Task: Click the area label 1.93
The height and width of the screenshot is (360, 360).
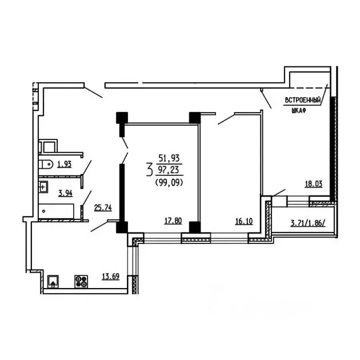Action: [64, 165]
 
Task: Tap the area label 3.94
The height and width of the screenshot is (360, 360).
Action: [66, 193]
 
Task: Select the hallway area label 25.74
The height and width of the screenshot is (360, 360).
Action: [103, 208]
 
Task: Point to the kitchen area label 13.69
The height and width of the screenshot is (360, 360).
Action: [111, 277]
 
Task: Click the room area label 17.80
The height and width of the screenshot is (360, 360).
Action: [173, 221]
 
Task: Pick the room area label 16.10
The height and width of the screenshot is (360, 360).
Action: [244, 221]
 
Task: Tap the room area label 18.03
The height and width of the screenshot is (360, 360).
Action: [314, 184]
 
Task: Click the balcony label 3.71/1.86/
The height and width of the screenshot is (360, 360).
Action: [308, 223]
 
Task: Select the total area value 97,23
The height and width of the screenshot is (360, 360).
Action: [169, 171]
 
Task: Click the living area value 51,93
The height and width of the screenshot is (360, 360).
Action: [169, 158]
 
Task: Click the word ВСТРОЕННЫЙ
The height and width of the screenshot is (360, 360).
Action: [303, 101]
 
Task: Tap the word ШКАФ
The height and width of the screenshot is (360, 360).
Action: [299, 111]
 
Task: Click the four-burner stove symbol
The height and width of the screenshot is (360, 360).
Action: [81, 281]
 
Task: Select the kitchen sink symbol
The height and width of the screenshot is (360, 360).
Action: [53, 281]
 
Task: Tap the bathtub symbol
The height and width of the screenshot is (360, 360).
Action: [56, 211]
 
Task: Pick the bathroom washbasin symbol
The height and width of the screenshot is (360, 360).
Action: [43, 187]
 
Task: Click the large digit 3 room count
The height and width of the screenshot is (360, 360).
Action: [150, 169]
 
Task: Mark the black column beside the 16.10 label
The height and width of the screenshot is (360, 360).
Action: [195, 227]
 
